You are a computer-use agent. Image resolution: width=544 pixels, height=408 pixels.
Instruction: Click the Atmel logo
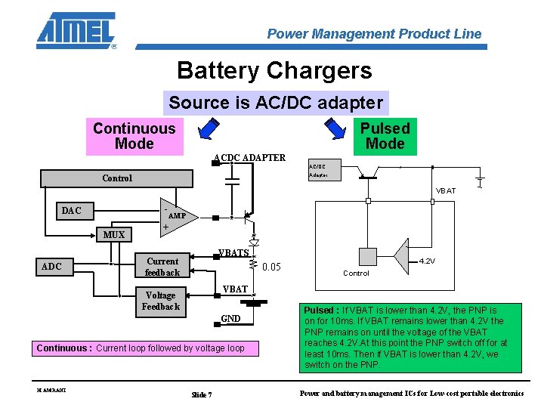[76, 30]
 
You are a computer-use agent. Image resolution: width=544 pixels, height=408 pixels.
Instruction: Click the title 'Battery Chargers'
[274, 70]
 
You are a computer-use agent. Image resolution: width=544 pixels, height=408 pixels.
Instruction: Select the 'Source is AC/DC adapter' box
[276, 103]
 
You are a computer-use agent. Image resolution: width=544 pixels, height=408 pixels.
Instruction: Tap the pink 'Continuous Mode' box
[134, 137]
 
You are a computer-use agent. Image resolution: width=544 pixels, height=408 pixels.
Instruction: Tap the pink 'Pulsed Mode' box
[385, 137]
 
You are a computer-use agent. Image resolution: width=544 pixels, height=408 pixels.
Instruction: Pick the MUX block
[114, 234]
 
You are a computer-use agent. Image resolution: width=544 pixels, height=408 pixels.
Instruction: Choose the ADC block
[51, 266]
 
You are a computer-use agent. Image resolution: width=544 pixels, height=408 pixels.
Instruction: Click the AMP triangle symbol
[179, 216]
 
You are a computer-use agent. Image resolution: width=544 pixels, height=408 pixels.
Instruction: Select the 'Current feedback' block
[162, 267]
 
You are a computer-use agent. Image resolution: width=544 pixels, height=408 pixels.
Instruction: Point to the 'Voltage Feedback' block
[160, 301]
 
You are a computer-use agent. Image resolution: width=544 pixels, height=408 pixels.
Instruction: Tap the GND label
[230, 319]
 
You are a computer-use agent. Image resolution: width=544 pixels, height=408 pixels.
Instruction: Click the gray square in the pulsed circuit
[367, 258]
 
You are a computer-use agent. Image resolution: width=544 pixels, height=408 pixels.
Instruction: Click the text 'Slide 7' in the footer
[202, 394]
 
